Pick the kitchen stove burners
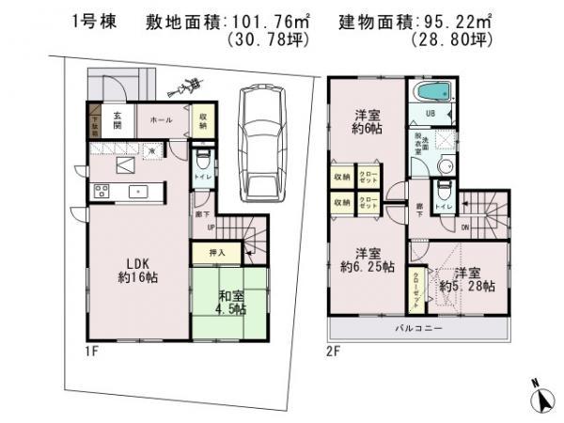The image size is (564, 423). [x=102, y=192]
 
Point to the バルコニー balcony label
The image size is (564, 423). [x=420, y=330]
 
